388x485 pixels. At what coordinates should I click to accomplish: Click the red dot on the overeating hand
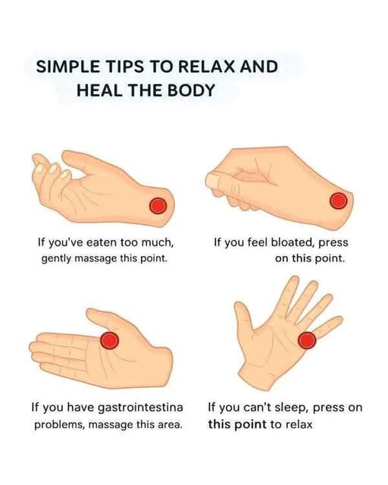tap(158, 205)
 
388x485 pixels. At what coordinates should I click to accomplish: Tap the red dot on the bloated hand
tap(339, 200)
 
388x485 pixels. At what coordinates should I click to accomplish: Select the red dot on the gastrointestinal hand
tap(110, 340)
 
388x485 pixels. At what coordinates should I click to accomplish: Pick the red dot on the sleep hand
tap(307, 340)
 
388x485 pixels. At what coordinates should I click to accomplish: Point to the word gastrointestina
tap(140, 408)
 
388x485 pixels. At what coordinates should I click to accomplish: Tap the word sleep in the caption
tap(291, 408)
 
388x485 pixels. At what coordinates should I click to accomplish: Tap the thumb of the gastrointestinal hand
tap(105, 318)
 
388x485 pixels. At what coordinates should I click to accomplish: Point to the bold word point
tap(250, 424)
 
